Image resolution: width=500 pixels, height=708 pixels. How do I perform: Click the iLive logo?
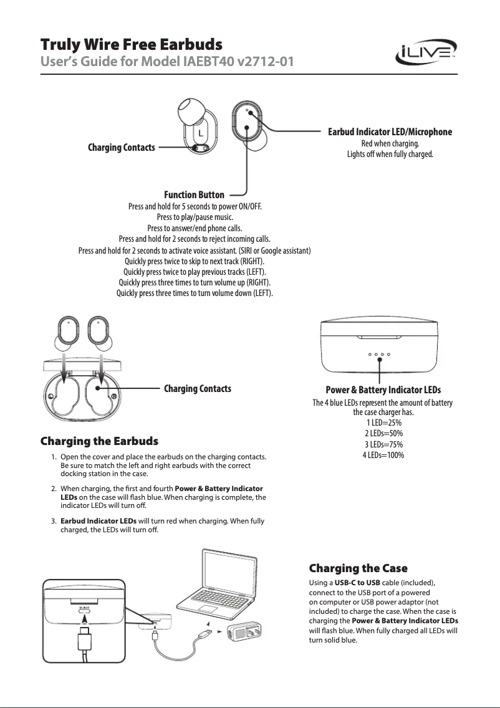(426, 54)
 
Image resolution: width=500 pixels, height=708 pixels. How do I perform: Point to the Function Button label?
(194, 195)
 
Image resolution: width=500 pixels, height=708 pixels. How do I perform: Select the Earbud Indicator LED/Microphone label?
(390, 132)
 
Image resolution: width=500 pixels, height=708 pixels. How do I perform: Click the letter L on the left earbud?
(201, 133)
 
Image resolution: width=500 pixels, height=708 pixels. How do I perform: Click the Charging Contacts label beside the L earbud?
(121, 148)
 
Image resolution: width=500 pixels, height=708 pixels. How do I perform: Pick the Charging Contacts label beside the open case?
(197, 388)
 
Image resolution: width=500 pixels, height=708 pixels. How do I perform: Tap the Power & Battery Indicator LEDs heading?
(383, 390)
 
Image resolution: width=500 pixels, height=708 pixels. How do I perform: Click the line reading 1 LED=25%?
(383, 423)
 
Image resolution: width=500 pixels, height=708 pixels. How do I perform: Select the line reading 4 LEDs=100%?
(383, 455)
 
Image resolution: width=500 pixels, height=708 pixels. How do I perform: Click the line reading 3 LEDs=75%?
(383, 444)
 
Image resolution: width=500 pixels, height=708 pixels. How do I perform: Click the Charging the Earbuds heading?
(99, 441)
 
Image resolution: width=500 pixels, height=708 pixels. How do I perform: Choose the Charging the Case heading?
(358, 568)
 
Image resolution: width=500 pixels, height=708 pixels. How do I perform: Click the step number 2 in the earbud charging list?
(54, 488)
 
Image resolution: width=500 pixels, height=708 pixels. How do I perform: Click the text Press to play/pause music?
(195, 217)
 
